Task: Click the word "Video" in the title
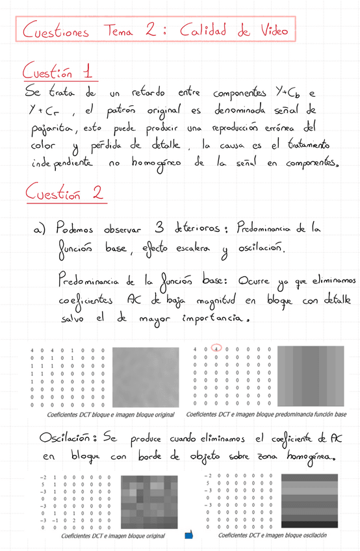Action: click(x=266, y=29)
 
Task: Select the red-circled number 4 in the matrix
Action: click(x=217, y=350)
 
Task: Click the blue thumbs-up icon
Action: click(x=189, y=535)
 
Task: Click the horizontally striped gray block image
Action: click(x=309, y=501)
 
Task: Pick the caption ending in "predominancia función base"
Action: click(x=266, y=414)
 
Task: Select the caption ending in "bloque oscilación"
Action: click(x=272, y=535)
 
